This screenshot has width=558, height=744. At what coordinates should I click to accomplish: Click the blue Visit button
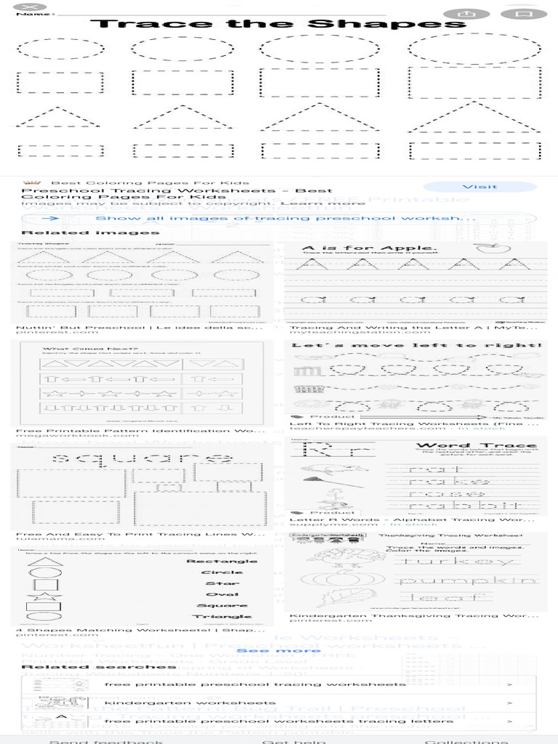[x=480, y=187]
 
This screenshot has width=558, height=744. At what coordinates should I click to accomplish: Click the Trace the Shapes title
[x=278, y=25]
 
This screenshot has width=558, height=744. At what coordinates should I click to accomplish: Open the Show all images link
[x=285, y=218]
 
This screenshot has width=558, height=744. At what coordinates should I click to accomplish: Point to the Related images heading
[x=90, y=232]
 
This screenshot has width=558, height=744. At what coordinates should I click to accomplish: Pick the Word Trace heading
[x=476, y=445]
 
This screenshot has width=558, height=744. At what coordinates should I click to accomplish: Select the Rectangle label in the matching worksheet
[x=222, y=561]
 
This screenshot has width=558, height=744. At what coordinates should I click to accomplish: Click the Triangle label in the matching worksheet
[x=229, y=616]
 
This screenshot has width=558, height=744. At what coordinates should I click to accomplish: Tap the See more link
[x=278, y=650]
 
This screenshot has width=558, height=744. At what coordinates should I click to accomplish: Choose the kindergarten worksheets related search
[x=190, y=703]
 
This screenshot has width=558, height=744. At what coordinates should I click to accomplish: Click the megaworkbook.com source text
[x=76, y=436]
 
